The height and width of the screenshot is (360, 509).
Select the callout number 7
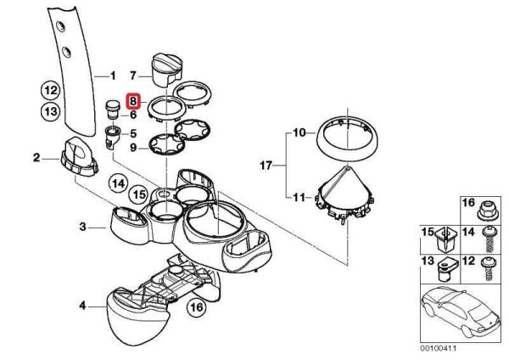[x=132, y=76]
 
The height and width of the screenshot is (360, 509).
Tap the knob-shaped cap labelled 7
[x=164, y=67]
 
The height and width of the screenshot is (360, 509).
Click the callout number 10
[x=298, y=132]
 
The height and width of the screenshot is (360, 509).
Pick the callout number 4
[x=81, y=304]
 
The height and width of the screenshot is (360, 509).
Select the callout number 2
[x=36, y=157]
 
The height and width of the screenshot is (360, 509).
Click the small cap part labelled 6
[x=110, y=109]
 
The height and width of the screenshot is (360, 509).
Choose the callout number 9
[x=133, y=148]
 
